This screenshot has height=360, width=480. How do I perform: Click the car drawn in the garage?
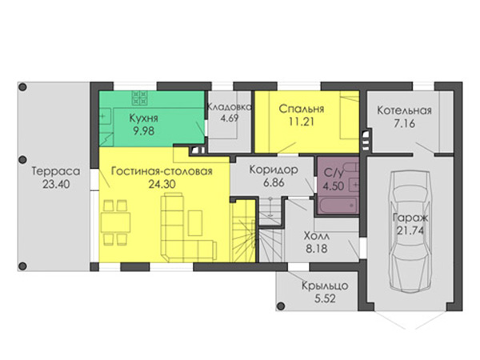point(410,230)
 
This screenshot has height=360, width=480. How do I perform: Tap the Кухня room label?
point(143,118)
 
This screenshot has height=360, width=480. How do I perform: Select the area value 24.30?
point(162,184)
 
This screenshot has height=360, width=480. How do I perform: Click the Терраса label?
point(56,171)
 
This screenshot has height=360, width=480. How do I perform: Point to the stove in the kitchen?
point(139,98)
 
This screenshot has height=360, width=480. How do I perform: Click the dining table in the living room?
point(115,222)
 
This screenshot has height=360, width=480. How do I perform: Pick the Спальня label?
point(302,109)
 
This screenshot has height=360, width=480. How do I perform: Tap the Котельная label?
point(404,110)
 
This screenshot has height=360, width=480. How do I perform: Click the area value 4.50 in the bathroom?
point(334,186)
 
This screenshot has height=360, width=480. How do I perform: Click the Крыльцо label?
point(325,286)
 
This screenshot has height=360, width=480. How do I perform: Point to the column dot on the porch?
point(280,306)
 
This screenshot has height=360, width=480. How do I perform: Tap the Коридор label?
point(274,170)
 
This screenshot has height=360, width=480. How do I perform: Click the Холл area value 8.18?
point(317,249)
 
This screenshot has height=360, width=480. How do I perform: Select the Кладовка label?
point(230,107)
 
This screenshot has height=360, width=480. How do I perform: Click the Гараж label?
point(410,218)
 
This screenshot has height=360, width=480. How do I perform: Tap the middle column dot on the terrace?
point(22,160)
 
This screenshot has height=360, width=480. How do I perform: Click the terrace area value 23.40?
point(56,184)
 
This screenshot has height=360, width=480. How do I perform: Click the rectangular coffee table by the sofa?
point(195,223)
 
